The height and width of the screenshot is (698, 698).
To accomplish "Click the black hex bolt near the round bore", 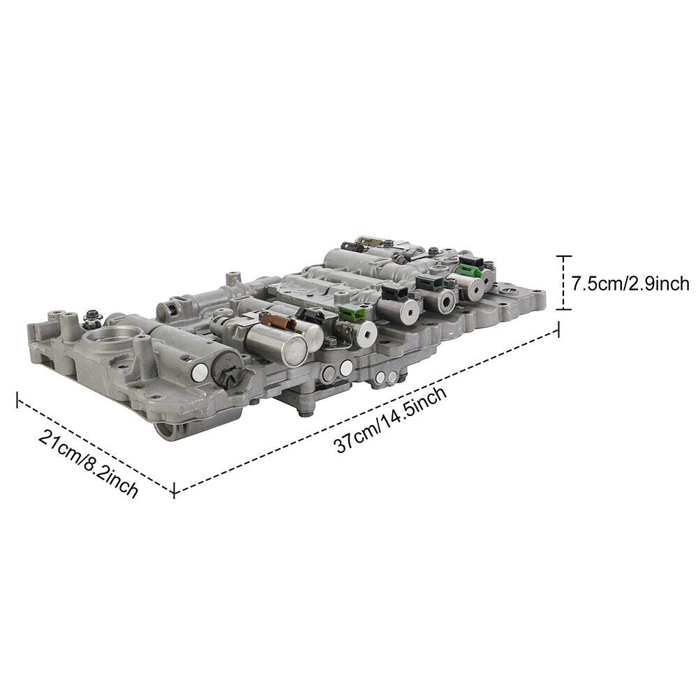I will coord(89,320).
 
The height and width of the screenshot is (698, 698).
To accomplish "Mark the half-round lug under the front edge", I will coord(168,430).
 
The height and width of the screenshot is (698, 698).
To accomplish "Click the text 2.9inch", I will coord(662,283).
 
